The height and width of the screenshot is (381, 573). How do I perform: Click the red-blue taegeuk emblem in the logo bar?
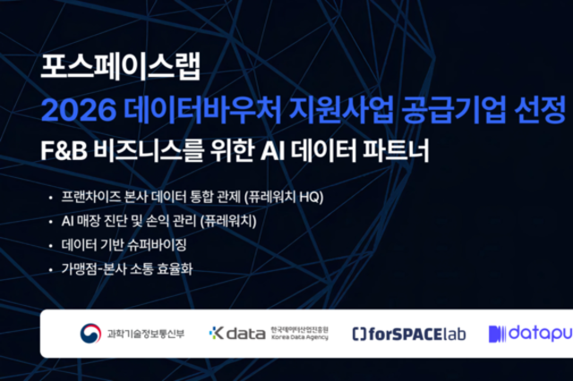pos(90,333)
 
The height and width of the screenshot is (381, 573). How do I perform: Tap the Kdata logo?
pos(237,333)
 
